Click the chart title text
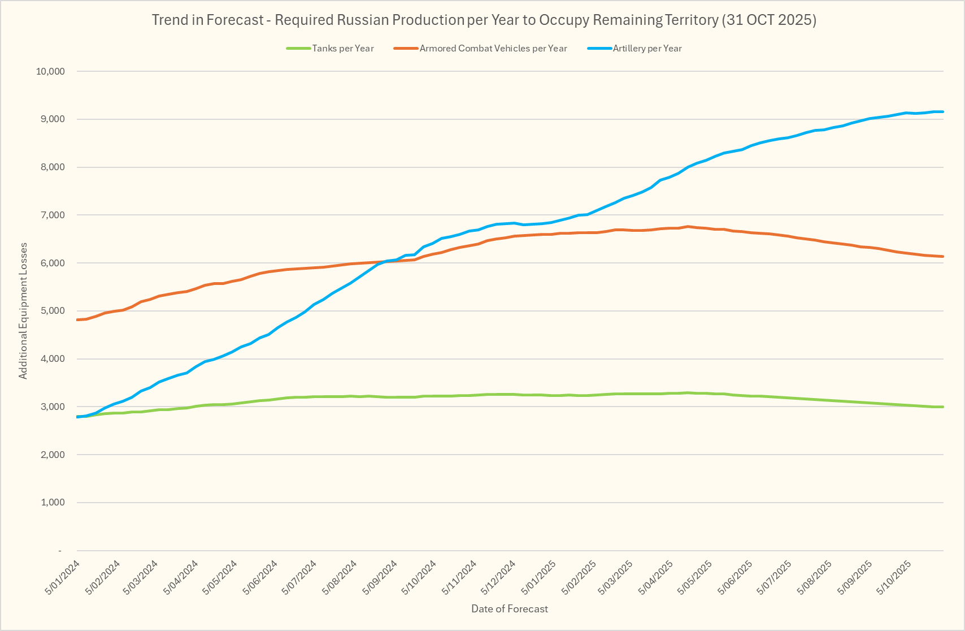point(484,20)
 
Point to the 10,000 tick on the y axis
point(50,71)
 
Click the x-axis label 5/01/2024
point(63,577)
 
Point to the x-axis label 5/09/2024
point(380,577)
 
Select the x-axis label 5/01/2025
point(539,577)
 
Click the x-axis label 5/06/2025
point(737,577)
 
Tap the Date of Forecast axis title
point(510,609)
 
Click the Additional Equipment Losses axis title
point(23,311)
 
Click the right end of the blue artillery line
point(942,112)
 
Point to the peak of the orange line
point(688,226)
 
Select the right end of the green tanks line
point(942,407)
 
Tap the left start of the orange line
point(77,320)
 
